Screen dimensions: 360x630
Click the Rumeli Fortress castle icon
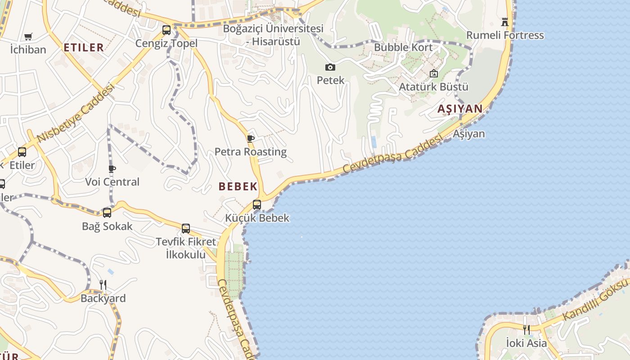(505, 22)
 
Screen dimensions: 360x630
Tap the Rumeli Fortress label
(505, 35)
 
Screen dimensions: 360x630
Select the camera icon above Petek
(330, 67)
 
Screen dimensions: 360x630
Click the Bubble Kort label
(403, 47)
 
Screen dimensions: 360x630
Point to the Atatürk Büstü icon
(434, 73)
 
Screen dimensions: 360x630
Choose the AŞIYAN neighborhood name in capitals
(460, 108)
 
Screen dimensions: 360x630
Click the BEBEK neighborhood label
(238, 186)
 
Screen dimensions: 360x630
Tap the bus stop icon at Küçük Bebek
(257, 204)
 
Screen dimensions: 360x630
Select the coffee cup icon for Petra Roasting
(251, 139)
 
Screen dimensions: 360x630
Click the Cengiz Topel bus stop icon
(166, 30)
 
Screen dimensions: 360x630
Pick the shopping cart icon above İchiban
(28, 36)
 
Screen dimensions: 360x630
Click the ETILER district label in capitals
(84, 47)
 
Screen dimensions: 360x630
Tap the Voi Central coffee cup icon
(112, 169)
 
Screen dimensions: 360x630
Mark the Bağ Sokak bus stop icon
(107, 213)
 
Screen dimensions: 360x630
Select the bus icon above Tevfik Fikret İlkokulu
(186, 228)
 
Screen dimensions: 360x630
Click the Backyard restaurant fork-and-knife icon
(103, 284)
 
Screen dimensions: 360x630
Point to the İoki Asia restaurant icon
(526, 330)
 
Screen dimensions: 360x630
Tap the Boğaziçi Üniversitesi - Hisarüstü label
(273, 35)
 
